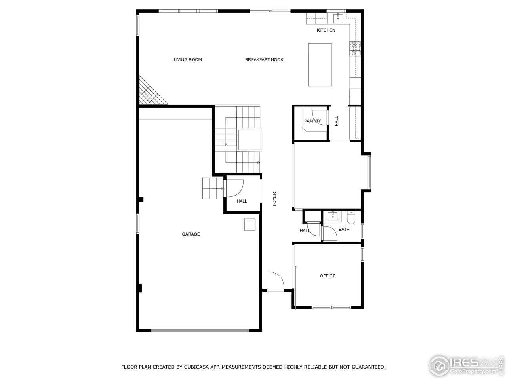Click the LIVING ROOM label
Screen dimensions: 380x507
click(x=188, y=60)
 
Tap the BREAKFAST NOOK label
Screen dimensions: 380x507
click(x=264, y=60)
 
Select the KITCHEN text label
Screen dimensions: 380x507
click(x=326, y=30)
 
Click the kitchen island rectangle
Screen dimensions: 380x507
click(x=320, y=65)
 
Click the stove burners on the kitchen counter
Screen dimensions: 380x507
click(x=355, y=48)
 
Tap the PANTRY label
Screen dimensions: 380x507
click(x=313, y=121)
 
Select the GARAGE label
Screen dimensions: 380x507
click(x=191, y=234)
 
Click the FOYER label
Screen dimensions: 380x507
click(x=274, y=199)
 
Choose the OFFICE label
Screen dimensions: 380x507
click(x=328, y=276)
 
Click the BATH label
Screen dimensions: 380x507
click(x=344, y=230)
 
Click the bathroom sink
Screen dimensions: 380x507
click(x=332, y=216)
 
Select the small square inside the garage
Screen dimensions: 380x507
click(x=250, y=224)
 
